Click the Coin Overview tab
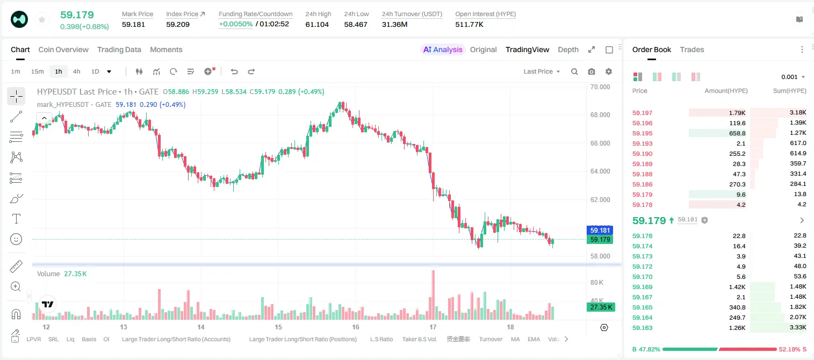63,49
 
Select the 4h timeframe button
76,71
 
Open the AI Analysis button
443,49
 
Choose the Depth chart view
568,49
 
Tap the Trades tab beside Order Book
692,49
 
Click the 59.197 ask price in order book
642,113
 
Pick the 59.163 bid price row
642,328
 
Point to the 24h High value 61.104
317,24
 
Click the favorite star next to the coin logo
42,19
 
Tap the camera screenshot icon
592,71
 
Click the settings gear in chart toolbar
609,71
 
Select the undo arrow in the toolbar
234,71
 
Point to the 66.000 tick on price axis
600,143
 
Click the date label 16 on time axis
355,327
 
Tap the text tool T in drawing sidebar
16,219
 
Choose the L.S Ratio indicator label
381,339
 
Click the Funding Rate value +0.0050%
235,24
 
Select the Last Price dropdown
542,71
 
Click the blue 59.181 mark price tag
600,231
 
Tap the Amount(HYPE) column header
726,91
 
